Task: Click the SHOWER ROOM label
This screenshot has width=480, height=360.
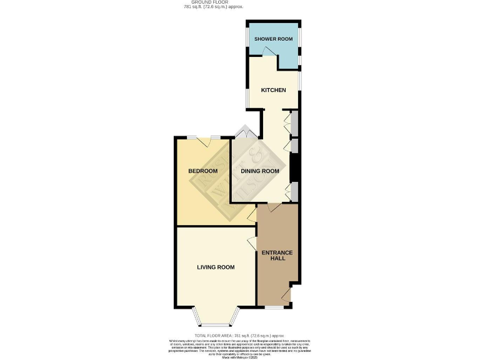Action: click(273, 39)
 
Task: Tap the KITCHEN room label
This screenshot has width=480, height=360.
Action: click(273, 90)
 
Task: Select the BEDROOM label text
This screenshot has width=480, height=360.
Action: click(203, 171)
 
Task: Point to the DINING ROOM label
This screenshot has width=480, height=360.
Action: click(261, 171)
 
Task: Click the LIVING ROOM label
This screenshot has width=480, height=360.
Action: click(216, 267)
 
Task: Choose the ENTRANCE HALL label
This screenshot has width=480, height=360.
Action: click(277, 255)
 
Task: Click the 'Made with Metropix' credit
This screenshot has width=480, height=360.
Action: click(239, 357)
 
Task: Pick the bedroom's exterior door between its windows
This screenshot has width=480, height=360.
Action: click(204, 141)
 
